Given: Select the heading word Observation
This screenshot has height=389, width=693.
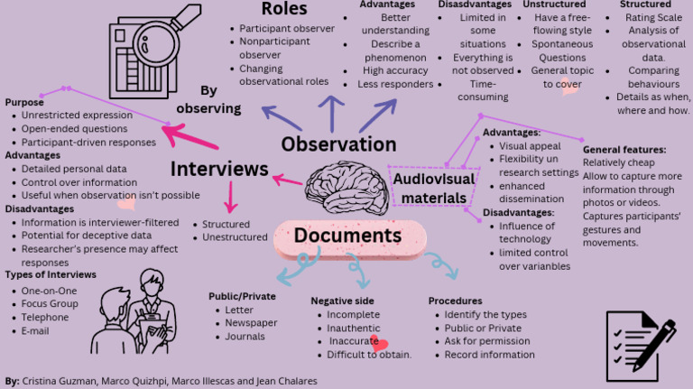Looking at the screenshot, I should [x=338, y=144].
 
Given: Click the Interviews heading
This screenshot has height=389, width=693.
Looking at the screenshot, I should [x=219, y=169].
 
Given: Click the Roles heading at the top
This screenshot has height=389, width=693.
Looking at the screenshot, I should [x=284, y=9].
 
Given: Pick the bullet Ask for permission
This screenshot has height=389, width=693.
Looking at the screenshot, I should [x=487, y=341].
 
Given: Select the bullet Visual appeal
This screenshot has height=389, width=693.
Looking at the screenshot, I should [x=531, y=145].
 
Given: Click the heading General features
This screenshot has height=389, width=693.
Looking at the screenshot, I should [x=624, y=150].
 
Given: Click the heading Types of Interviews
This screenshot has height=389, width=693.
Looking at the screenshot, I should [x=51, y=274].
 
